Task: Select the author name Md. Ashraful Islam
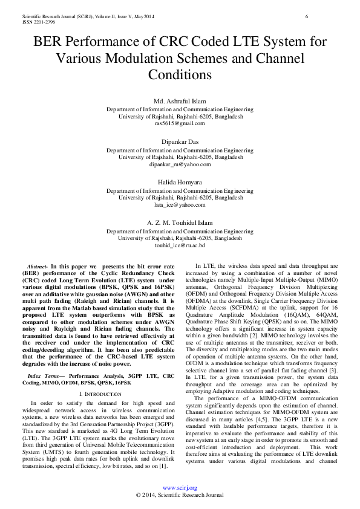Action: tap(180, 100)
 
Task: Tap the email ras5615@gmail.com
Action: tap(180, 123)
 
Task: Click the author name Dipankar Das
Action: tap(180, 141)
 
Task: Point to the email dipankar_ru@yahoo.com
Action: tap(180, 164)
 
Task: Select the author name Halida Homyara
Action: tap(180, 182)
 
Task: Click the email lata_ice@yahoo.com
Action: tap(180, 205)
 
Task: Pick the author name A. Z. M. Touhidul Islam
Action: tap(180, 223)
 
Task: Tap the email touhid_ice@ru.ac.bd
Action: tap(180, 245)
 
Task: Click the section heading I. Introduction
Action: tap(98, 359)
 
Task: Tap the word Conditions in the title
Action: tap(180, 75)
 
